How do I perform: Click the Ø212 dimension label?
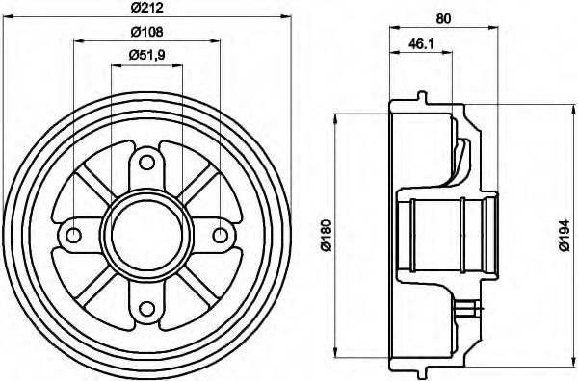click(146, 11)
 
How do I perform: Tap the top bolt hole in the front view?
click(146, 161)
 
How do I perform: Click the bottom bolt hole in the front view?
click(146, 308)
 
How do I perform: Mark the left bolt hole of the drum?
click(73, 235)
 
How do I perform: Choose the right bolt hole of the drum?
click(221, 235)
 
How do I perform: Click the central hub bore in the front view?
click(146, 235)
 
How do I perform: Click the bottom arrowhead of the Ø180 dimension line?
click(335, 353)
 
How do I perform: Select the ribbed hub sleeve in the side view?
click(448, 235)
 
